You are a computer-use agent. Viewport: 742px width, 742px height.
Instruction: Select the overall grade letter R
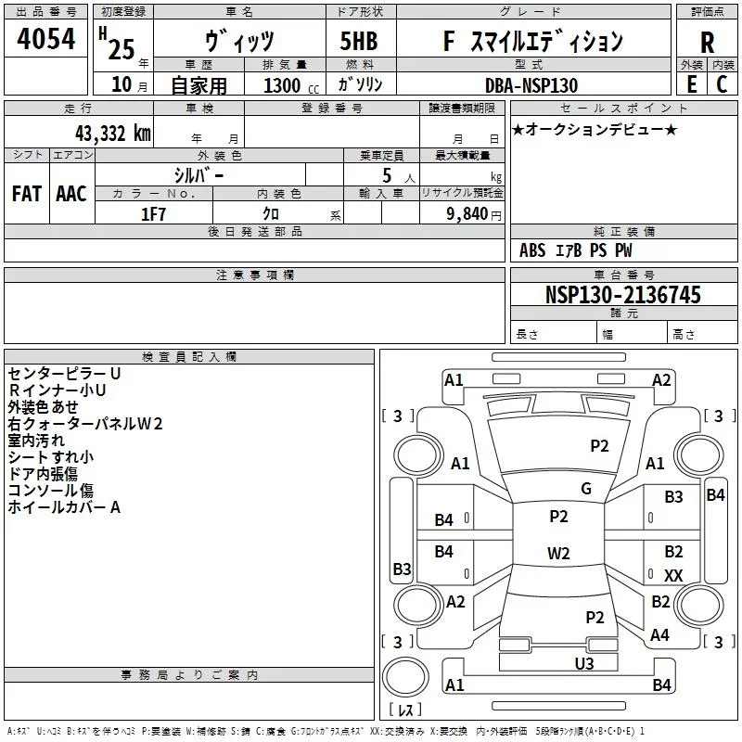point(707,43)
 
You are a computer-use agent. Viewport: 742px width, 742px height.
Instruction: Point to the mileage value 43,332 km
point(104,133)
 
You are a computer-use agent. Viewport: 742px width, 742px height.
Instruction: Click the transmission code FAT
point(26,194)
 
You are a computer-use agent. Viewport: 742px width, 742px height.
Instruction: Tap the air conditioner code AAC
point(70,194)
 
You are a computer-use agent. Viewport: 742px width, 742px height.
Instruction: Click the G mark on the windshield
point(586,489)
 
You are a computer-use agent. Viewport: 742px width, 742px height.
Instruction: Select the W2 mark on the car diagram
point(558,554)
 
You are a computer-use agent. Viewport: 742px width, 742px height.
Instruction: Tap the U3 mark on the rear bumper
point(584,663)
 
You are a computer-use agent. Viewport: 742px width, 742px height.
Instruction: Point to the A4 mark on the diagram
point(660,635)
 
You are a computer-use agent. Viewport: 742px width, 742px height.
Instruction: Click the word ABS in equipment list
point(533,250)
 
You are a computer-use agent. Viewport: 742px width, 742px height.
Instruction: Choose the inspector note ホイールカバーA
point(65,507)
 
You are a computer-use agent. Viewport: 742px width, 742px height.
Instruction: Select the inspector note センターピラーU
point(64,373)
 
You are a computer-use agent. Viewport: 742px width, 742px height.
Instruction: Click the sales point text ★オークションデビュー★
point(595,130)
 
